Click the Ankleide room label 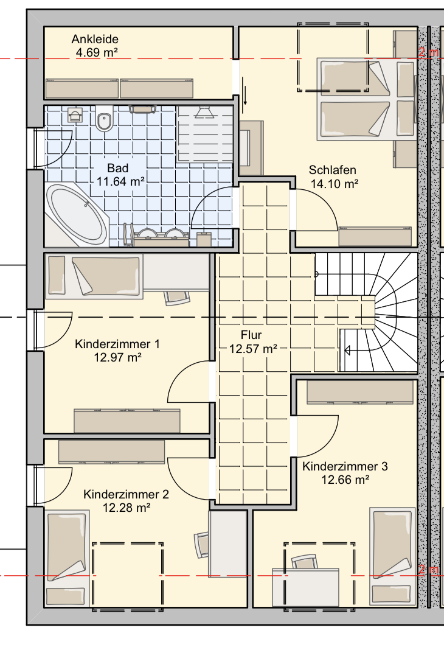click(95, 39)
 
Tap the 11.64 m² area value click(120, 181)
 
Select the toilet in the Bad click(104, 118)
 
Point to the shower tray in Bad click(204, 133)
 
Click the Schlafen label click(332, 170)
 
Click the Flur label click(251, 335)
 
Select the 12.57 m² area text click(253, 349)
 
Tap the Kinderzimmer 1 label click(117, 344)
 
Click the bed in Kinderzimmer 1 click(94, 276)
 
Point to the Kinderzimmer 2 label click(126, 494)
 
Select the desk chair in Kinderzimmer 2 click(202, 544)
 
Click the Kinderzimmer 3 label click(345, 466)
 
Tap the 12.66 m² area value click(345, 480)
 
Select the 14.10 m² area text click(335, 184)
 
